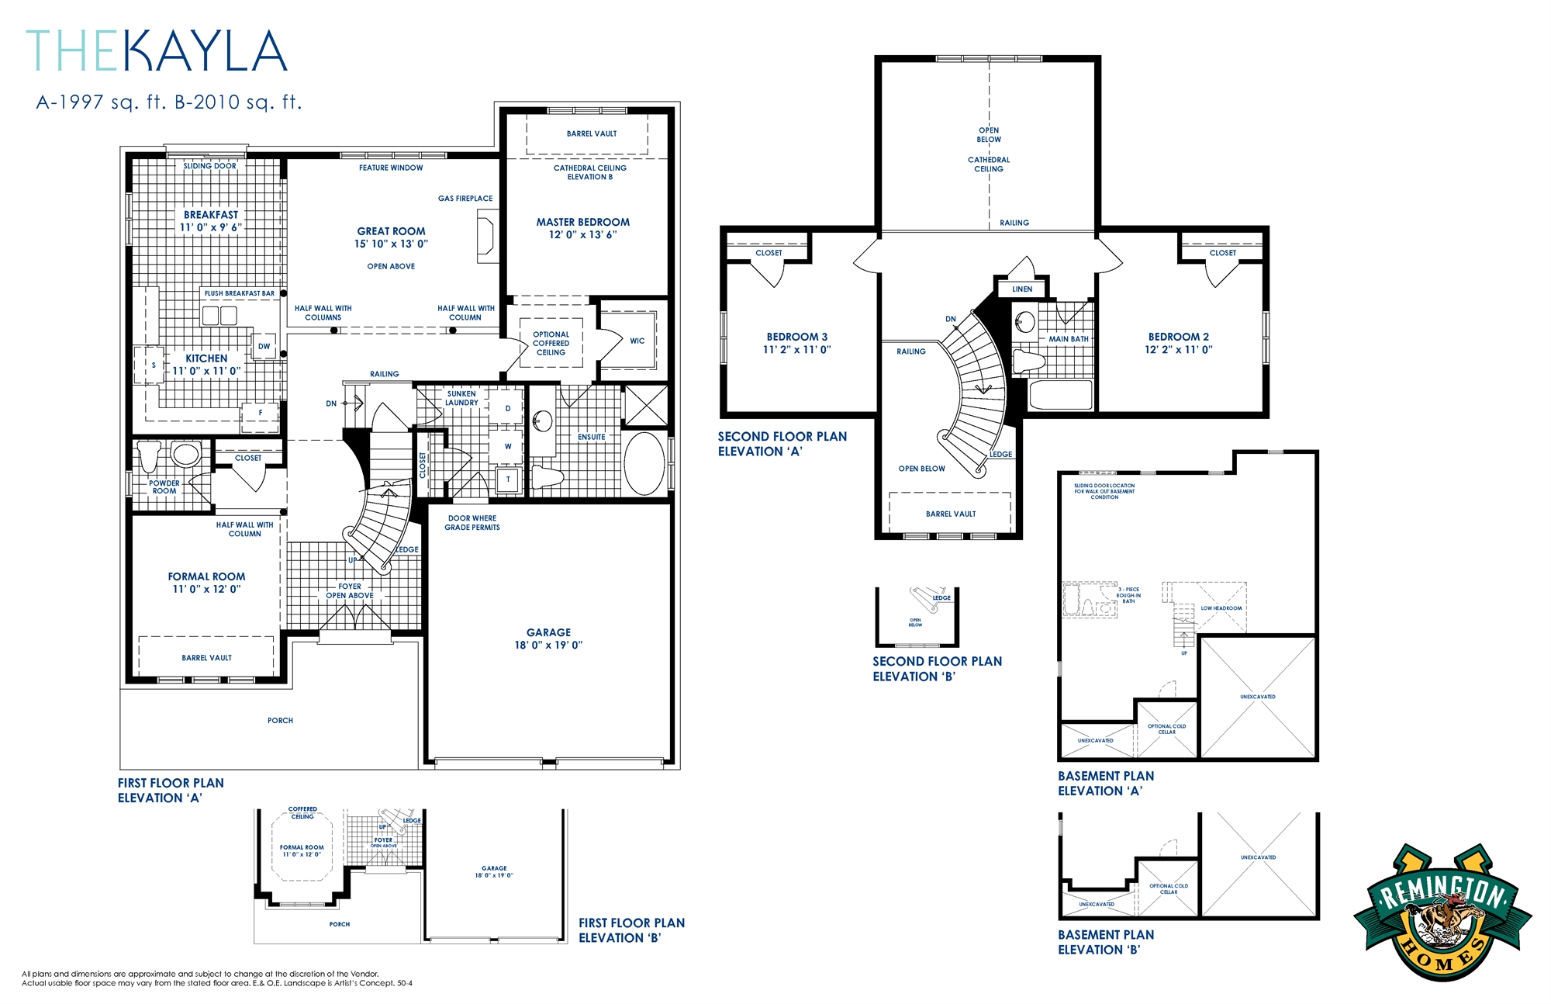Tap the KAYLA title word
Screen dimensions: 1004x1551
coord(205,52)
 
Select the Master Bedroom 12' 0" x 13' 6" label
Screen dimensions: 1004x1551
coord(582,228)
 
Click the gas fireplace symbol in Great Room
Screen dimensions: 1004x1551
coord(485,236)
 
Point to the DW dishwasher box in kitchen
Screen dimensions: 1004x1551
coord(264,346)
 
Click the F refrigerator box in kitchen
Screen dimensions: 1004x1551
coord(261,413)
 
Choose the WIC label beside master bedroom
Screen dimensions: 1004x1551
coord(637,341)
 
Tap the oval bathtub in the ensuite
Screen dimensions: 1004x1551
coord(644,463)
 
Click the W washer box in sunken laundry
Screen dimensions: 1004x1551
coord(508,446)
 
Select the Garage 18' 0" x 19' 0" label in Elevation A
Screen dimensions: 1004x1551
coord(548,639)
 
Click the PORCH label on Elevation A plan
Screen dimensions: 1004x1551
coord(280,721)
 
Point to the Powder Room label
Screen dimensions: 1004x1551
coord(164,486)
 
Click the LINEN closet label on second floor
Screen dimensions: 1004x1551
coord(1022,289)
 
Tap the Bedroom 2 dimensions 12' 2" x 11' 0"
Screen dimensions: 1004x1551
coord(1178,350)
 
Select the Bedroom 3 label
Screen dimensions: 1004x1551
coord(796,337)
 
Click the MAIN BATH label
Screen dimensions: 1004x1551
coord(1068,339)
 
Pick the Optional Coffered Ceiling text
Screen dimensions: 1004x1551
coord(551,343)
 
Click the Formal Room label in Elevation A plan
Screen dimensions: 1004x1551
coord(206,576)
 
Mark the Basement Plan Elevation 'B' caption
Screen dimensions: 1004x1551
coord(1105,942)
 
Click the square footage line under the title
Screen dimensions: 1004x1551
coord(168,102)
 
